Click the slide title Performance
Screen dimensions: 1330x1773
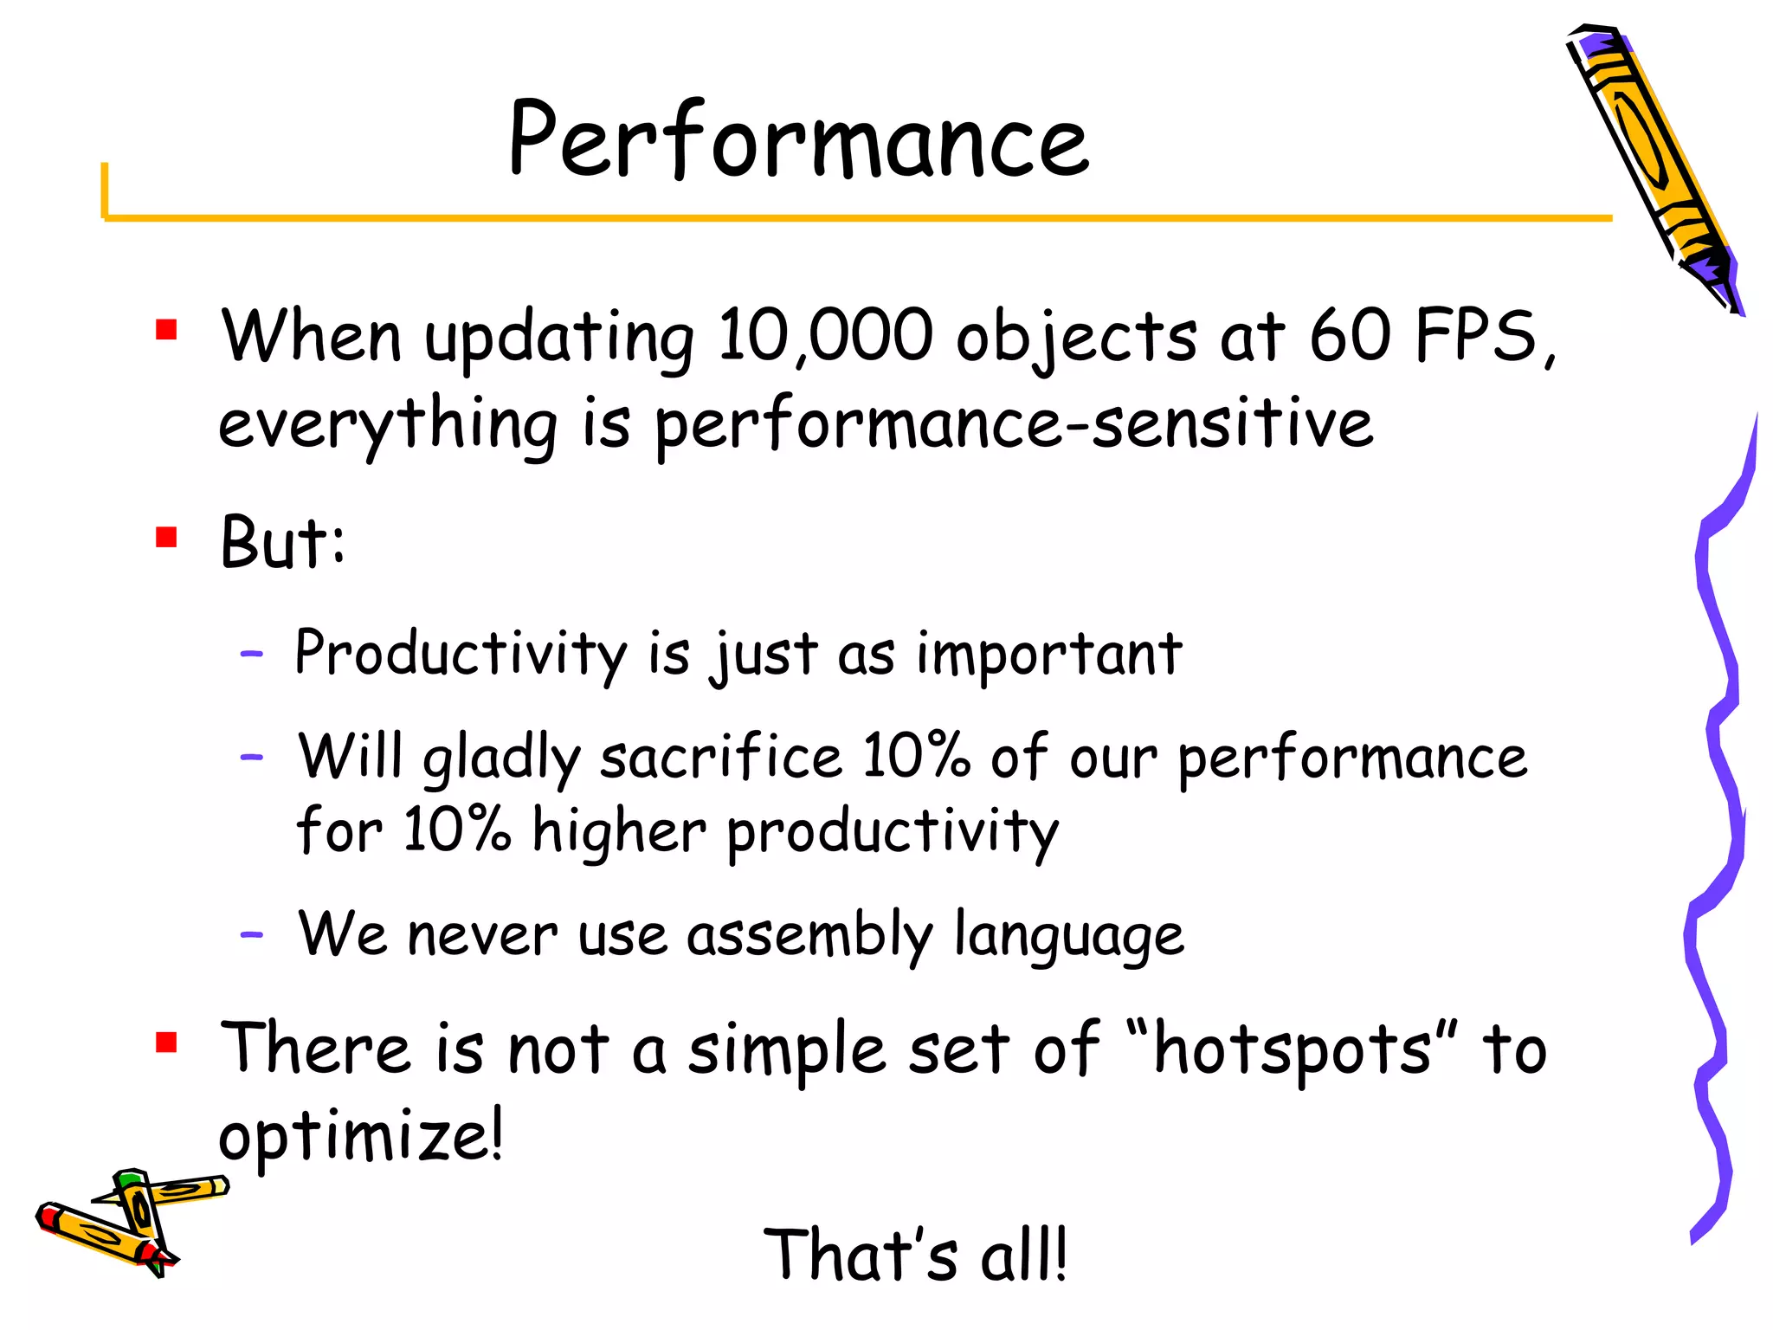(798, 140)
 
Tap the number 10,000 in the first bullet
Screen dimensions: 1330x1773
(825, 336)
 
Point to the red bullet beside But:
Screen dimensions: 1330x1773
(166, 538)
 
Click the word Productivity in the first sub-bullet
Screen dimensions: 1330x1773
(460, 653)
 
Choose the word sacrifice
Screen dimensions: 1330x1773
(721, 757)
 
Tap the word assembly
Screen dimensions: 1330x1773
(809, 935)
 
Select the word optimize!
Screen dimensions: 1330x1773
(360, 1136)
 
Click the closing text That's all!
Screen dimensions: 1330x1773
(915, 1255)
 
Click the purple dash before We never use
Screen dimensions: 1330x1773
(251, 935)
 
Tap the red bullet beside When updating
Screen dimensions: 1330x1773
(166, 330)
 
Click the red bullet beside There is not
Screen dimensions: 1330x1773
(166, 1042)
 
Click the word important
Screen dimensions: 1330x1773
(1048, 653)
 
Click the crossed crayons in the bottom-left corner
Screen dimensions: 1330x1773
(130, 1222)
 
